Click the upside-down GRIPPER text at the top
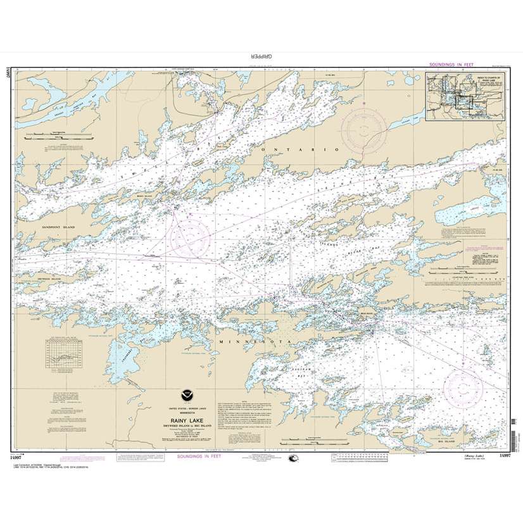click(x=260, y=56)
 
